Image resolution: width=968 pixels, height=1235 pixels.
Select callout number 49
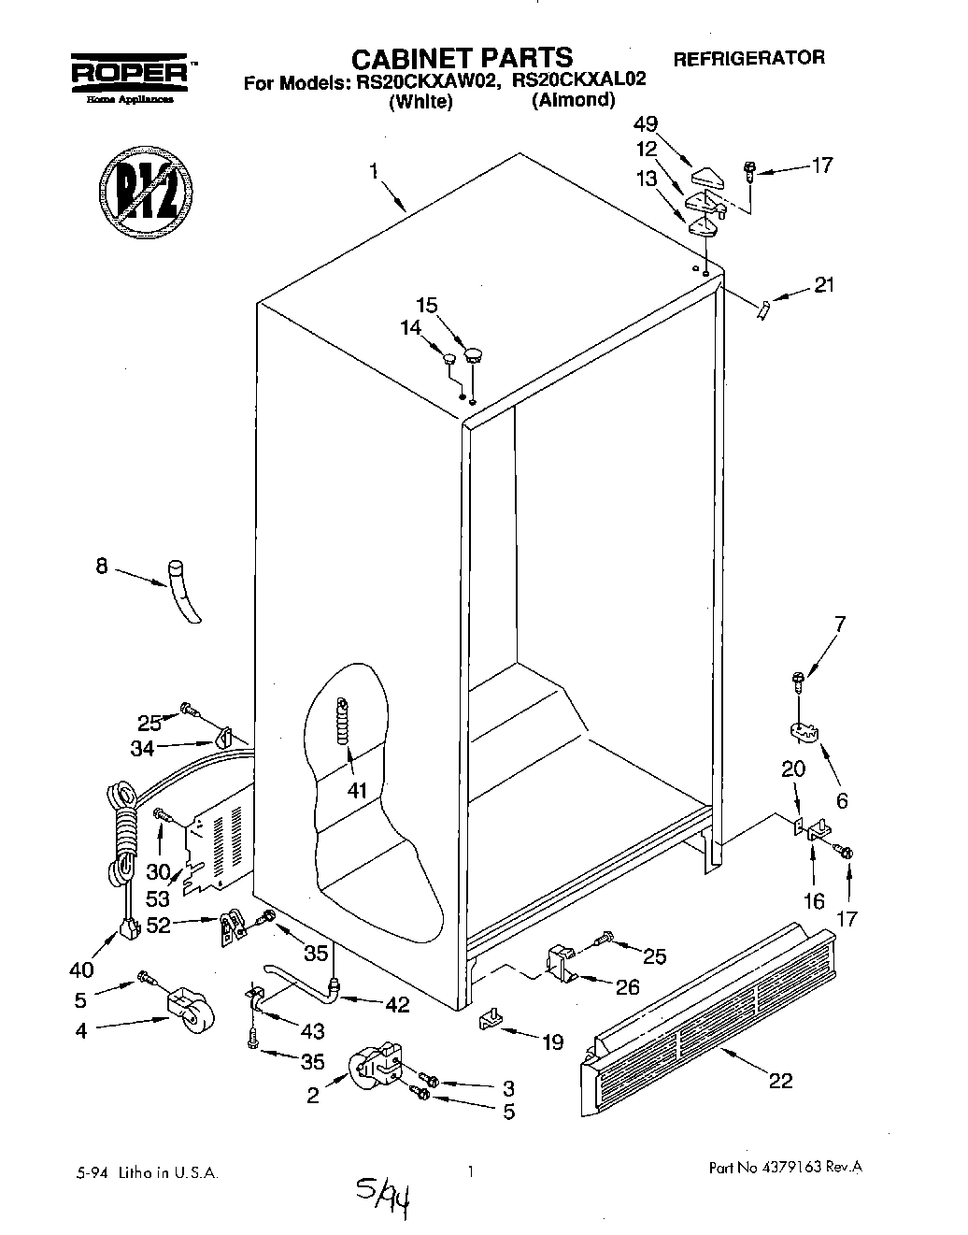[644, 123]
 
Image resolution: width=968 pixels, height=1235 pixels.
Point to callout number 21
[823, 286]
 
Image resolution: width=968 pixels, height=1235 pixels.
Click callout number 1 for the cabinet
[373, 171]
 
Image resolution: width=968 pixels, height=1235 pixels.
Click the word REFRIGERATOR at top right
[748, 58]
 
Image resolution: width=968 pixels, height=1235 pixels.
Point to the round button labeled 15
[475, 353]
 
